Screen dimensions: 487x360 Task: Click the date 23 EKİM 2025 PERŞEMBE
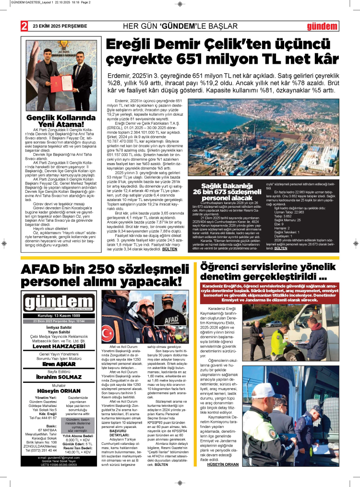[60, 26]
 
